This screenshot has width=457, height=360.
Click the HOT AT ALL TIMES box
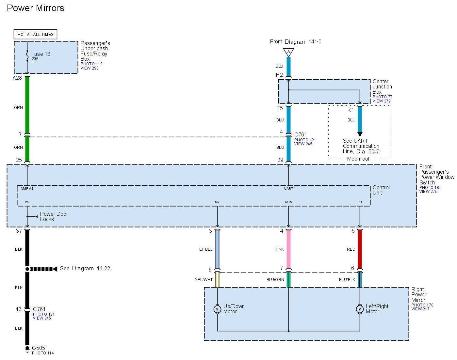35,34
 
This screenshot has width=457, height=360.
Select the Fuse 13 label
41,54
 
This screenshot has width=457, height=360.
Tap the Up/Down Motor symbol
217,309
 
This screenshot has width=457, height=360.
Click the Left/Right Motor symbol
360,309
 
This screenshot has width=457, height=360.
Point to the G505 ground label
38,348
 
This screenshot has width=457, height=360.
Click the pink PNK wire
288,249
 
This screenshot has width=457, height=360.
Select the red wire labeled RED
360,249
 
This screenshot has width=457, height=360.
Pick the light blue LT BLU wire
217,249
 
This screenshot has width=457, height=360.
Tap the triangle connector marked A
288,52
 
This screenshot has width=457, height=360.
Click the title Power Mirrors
36,8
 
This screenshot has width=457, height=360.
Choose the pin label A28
17,78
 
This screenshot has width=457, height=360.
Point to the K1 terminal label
351,110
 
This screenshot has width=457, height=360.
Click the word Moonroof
358,159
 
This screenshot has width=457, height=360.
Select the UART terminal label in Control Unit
288,188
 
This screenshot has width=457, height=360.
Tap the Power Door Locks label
54,216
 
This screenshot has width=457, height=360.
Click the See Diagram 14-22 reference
86,269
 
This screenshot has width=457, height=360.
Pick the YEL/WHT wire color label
204,280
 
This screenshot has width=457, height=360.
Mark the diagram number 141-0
315,42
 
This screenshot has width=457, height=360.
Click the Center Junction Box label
382,86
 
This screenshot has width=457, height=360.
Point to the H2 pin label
279,75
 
